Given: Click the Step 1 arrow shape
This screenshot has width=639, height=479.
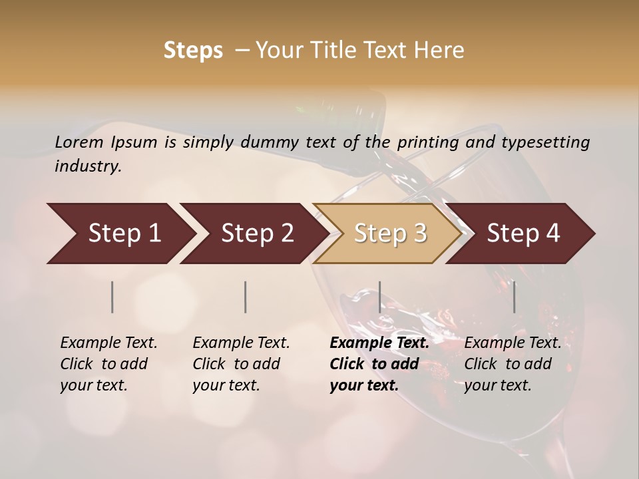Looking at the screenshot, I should (x=123, y=234).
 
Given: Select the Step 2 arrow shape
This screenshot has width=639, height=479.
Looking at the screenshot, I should (x=256, y=234).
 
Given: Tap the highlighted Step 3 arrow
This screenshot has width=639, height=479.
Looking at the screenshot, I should (x=389, y=234).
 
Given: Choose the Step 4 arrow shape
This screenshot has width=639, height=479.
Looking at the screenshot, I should (x=523, y=234).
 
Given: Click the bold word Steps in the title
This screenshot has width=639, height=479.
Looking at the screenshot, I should (x=193, y=51).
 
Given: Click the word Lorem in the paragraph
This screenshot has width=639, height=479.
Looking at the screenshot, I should (x=79, y=142).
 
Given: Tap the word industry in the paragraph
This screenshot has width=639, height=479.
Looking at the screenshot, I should (x=88, y=166).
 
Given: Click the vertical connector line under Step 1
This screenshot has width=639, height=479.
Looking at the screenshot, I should (x=112, y=297).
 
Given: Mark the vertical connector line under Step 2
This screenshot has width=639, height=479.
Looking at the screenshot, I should (x=246, y=297).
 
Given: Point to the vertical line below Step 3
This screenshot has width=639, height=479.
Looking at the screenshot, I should (x=379, y=297).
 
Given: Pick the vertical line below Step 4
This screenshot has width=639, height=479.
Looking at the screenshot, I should (x=515, y=297).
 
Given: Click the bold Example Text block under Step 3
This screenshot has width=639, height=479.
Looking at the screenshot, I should (x=379, y=364).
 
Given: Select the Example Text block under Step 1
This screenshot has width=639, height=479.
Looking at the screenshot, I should (x=108, y=364).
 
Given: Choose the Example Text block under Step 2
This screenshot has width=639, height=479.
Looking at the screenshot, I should (x=241, y=364).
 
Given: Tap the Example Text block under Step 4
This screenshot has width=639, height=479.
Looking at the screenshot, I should (x=513, y=364).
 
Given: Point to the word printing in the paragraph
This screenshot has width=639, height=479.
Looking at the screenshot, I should (x=423, y=142).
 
